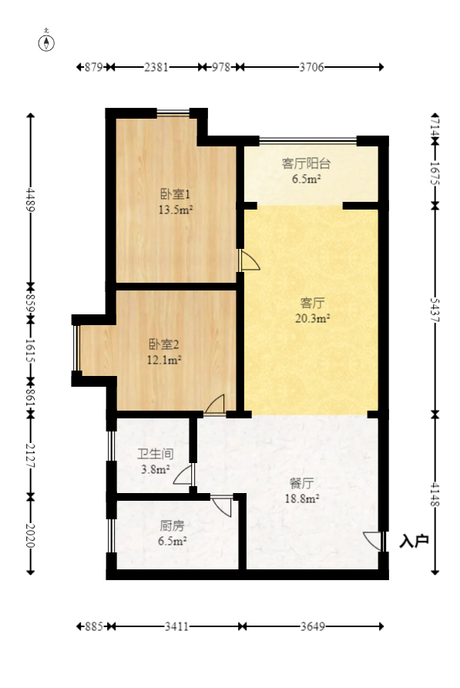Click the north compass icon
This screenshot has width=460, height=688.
pyautogui.click(x=46, y=42)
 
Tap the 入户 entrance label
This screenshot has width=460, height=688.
pyautogui.click(x=414, y=541)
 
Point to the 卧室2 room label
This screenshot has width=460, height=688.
pyautogui.click(x=163, y=344)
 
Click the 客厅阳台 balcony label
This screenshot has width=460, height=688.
pyautogui.click(x=306, y=163)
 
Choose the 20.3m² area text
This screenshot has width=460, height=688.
pyautogui.click(x=313, y=318)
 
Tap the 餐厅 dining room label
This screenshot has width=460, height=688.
pyautogui.click(x=301, y=484)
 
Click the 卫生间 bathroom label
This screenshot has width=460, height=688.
pyautogui.click(x=156, y=454)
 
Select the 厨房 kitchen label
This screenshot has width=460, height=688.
pyautogui.click(x=172, y=525)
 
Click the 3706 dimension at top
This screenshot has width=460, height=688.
pyautogui.click(x=311, y=67)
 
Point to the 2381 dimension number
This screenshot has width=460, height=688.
pyautogui.click(x=156, y=67)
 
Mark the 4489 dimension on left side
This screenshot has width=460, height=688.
pyautogui.click(x=30, y=200)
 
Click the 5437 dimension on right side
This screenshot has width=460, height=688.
pyautogui.click(x=435, y=310)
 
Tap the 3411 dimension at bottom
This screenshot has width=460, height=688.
pyautogui.click(x=176, y=626)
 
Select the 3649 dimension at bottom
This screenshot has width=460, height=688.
pyautogui.click(x=313, y=626)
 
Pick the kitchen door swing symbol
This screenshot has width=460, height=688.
pyautogui.click(x=222, y=506)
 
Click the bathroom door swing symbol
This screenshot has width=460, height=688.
pyautogui.click(x=183, y=475)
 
